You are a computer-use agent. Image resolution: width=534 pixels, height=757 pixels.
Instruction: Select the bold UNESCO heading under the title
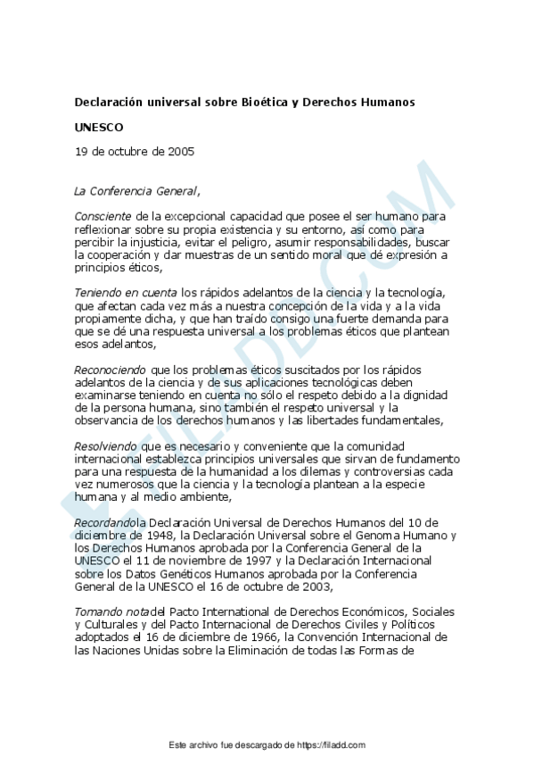[x=99, y=127]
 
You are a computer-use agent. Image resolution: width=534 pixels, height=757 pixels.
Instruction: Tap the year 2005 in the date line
[x=179, y=151]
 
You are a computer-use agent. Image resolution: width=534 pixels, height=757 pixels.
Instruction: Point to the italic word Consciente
[x=103, y=216]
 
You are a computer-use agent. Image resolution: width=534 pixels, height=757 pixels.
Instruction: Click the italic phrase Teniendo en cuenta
[x=125, y=293]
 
